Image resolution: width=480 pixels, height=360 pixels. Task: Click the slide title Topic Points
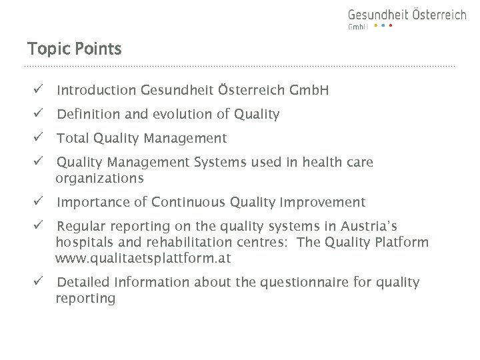[74, 49]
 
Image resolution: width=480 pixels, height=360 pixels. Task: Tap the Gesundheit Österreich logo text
[407, 15]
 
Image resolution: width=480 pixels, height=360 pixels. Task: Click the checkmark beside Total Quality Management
[40, 138]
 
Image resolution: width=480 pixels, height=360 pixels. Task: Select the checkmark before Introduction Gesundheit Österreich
[40, 89]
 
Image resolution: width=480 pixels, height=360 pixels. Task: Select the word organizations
[99, 179]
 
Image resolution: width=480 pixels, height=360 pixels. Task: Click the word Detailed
[83, 282]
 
